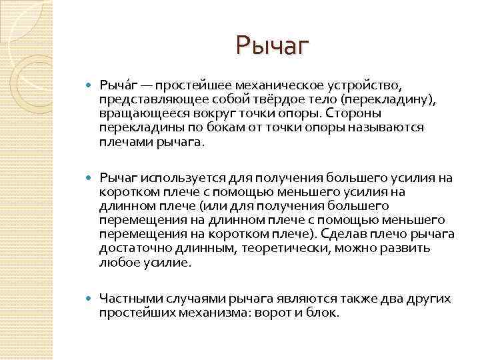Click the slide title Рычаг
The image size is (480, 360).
(x=273, y=46)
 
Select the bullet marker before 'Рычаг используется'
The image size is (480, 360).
(x=91, y=177)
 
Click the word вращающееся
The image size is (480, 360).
(x=136, y=113)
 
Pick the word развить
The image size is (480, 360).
(x=407, y=247)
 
